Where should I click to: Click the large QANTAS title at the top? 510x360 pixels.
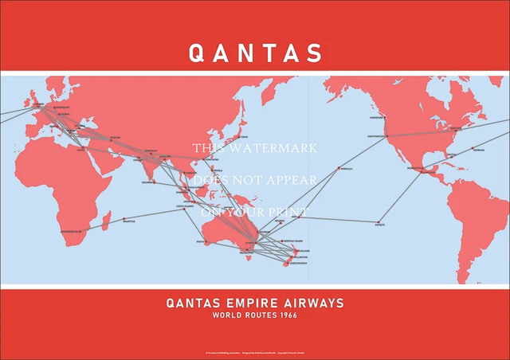[255, 53]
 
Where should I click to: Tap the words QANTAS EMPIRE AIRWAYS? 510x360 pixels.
[255, 303]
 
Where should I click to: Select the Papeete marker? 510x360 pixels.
[377, 222]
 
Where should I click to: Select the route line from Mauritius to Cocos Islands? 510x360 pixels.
[151, 213]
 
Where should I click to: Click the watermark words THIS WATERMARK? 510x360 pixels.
[255, 148]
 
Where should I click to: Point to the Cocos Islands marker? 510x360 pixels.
[181, 209]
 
